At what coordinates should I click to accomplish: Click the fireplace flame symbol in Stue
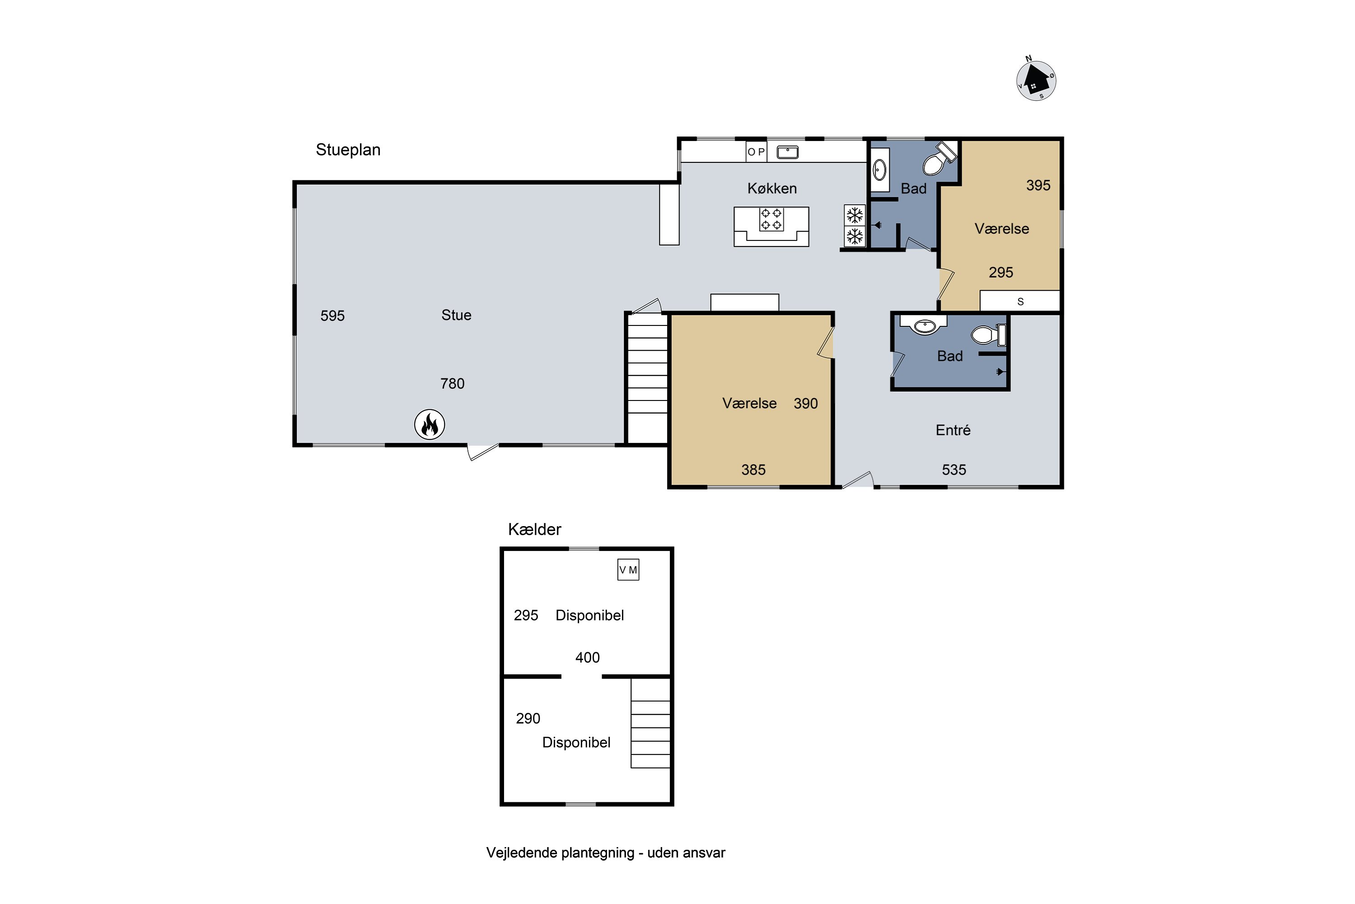(430, 425)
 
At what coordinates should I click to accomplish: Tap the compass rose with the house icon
(1036, 80)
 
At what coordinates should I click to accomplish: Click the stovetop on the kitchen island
(771, 219)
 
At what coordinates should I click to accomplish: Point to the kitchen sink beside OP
(788, 152)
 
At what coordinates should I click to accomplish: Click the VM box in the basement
(628, 570)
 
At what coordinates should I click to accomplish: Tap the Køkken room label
(772, 188)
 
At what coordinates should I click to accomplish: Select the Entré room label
(953, 430)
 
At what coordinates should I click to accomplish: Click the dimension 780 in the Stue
(452, 384)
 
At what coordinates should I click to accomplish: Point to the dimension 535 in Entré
(954, 470)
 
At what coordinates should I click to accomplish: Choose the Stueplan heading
(348, 150)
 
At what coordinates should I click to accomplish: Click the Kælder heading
(535, 529)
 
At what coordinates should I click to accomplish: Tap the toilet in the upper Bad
(939, 159)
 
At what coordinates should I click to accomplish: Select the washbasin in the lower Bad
(925, 326)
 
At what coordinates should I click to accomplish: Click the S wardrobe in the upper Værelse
(1020, 301)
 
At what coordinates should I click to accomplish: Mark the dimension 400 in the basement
(588, 658)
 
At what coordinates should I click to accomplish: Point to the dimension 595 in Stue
(332, 316)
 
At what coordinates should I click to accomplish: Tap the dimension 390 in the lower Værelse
(806, 404)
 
